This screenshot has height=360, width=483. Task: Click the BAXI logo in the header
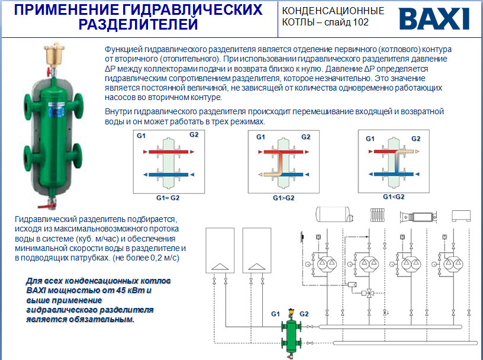434,19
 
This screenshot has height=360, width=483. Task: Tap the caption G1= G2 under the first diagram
168,198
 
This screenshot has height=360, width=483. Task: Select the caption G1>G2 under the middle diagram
284,198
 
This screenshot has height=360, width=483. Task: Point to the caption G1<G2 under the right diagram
394,197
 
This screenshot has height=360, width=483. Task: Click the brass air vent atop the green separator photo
54,54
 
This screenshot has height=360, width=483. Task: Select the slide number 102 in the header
360,22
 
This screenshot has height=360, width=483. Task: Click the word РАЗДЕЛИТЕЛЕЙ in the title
138,24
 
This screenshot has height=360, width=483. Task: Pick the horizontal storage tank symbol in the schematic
334,214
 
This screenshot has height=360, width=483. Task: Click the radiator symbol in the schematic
377,215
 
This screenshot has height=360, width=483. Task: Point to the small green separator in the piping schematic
291,334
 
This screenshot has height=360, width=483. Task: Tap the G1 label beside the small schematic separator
275,314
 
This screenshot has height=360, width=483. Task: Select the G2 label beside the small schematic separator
304,314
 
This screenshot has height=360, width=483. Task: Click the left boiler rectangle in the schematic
220,250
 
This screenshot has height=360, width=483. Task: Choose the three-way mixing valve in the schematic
369,292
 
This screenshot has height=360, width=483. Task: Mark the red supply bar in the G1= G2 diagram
169,152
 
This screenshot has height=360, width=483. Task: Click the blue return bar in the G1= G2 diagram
169,175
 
